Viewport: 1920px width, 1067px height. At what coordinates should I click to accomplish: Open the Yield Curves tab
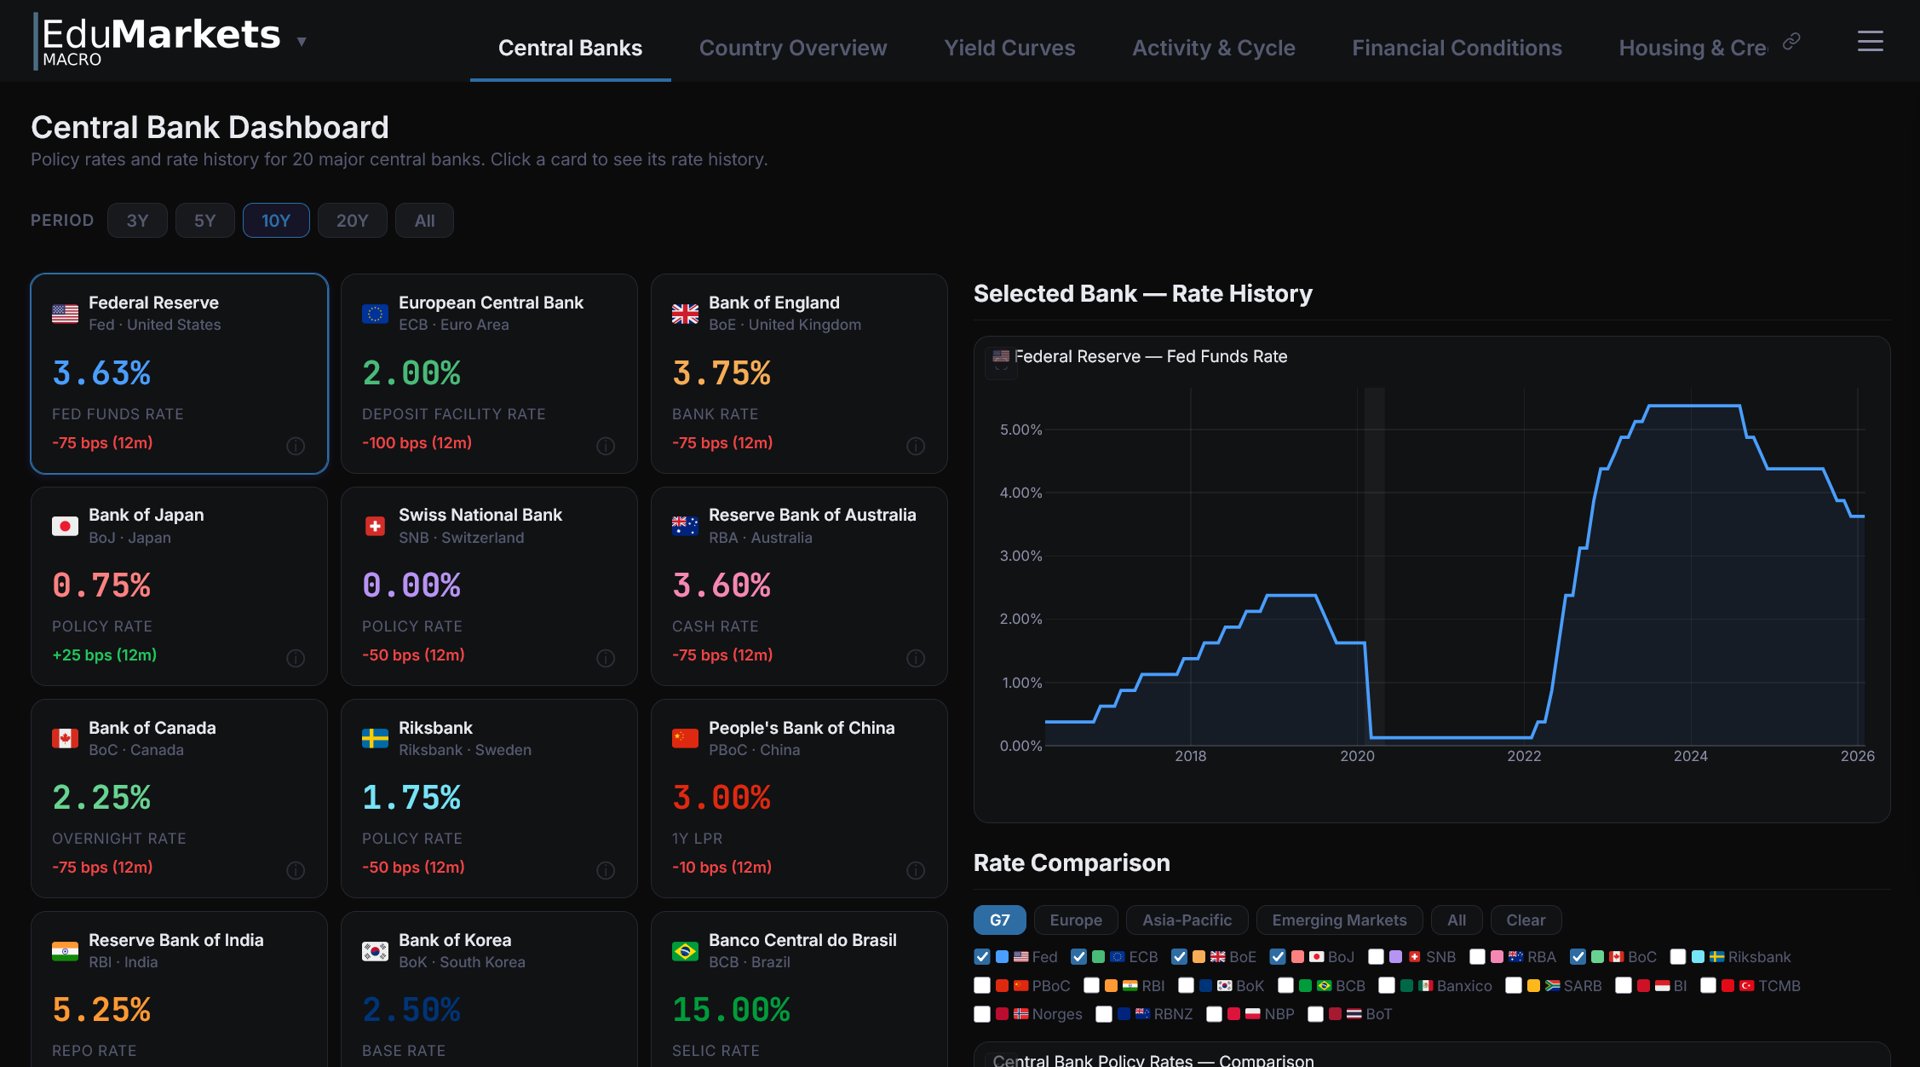point(1009,48)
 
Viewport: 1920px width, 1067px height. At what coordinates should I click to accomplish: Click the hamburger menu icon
point(1870,41)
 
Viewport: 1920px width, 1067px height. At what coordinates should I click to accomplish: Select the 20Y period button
point(352,221)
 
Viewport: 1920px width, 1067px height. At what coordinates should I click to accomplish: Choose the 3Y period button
point(137,221)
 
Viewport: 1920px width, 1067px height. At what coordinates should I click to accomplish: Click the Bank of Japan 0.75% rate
point(101,585)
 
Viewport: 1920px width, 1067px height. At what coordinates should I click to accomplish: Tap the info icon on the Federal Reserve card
point(296,446)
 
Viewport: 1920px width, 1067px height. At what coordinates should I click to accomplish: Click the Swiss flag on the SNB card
point(375,526)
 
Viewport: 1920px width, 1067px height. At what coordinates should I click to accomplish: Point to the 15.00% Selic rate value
point(731,1010)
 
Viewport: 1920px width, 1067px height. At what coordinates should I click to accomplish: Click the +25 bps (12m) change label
point(105,655)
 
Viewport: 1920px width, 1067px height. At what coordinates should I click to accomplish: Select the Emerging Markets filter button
point(1339,920)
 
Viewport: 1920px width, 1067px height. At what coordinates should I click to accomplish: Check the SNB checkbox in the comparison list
point(1376,957)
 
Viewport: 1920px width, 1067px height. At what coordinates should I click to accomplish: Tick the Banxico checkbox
point(1387,986)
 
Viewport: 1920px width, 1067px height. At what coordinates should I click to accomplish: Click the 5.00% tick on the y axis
point(1020,430)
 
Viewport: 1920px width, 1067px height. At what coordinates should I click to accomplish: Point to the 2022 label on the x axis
point(1523,756)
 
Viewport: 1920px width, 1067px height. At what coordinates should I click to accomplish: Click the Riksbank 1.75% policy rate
point(411,798)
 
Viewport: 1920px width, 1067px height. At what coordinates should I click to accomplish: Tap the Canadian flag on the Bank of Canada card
point(65,738)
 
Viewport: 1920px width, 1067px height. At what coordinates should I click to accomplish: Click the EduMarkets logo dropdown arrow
point(302,41)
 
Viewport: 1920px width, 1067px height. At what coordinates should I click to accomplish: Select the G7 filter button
point(999,920)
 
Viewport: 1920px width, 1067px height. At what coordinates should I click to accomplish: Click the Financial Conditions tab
point(1457,48)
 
